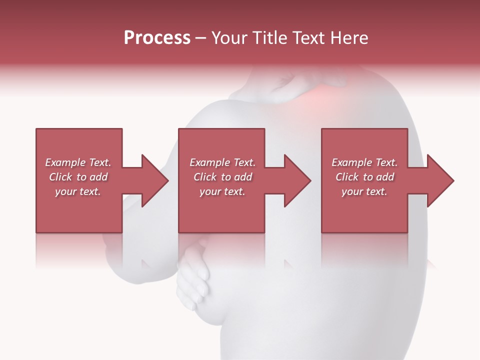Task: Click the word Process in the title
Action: pos(157,38)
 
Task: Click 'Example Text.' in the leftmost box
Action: pos(78,162)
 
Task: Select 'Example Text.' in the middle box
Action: pos(222,162)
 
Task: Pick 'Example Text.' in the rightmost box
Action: pos(364,162)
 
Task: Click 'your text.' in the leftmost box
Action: pos(78,191)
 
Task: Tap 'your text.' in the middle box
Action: pos(222,191)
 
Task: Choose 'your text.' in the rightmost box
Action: pos(364,191)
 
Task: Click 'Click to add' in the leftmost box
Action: pos(78,177)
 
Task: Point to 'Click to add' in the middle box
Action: pos(222,177)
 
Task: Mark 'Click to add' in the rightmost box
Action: pos(364,177)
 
